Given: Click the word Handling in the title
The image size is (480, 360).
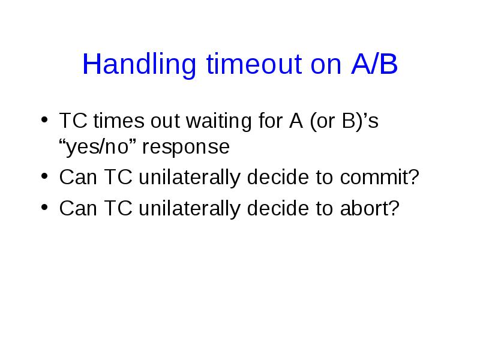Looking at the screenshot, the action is click(x=139, y=65).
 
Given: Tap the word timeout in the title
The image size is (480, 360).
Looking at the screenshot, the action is click(x=254, y=64).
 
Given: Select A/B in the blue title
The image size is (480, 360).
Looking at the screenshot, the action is click(x=374, y=64).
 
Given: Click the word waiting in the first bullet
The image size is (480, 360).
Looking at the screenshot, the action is click(x=219, y=121).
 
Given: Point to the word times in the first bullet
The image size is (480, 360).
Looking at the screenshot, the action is click(x=119, y=121).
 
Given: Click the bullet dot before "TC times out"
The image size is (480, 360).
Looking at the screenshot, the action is click(x=44, y=119).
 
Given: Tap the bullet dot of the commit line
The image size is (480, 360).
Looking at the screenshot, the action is click(x=44, y=176).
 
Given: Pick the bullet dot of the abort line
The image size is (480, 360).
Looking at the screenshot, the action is click(x=44, y=207).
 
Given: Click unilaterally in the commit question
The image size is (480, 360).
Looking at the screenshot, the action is click(x=190, y=178).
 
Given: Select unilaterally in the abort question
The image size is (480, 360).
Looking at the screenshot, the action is click(x=190, y=209).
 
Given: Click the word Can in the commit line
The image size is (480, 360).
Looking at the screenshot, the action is click(x=78, y=177).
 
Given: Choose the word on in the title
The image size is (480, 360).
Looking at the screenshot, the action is click(x=326, y=66).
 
